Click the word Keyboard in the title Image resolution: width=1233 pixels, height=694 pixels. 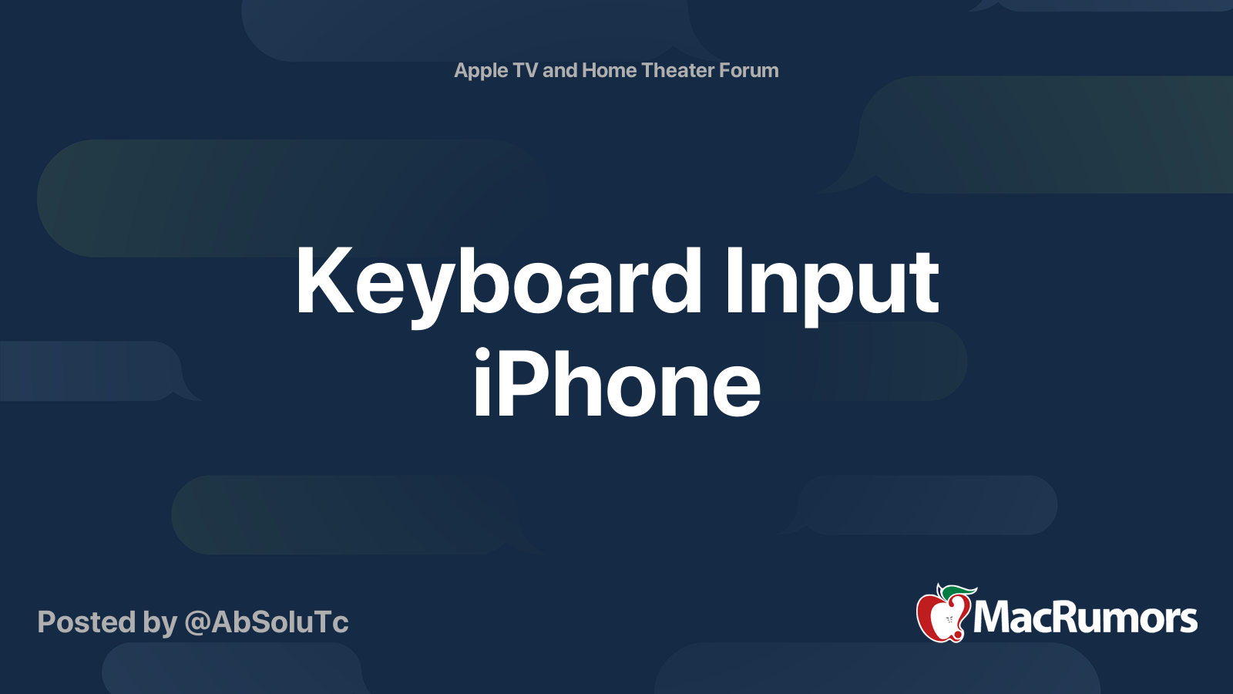click(497, 282)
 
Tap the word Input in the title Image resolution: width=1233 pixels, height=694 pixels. click(831, 282)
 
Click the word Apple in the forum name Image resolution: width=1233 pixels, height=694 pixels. click(481, 71)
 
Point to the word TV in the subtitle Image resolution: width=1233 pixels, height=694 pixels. click(525, 70)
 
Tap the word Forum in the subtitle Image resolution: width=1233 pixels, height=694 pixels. click(748, 70)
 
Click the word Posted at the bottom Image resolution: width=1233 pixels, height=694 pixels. click(86, 622)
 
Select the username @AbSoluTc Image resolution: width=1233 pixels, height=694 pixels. click(267, 622)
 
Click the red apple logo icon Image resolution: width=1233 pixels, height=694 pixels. click(941, 617)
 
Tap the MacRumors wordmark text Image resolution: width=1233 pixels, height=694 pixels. click(1085, 618)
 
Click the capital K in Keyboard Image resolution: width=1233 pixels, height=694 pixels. click(318, 281)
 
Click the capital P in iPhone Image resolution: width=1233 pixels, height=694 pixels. click(526, 384)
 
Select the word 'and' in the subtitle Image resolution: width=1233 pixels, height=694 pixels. click(559, 70)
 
